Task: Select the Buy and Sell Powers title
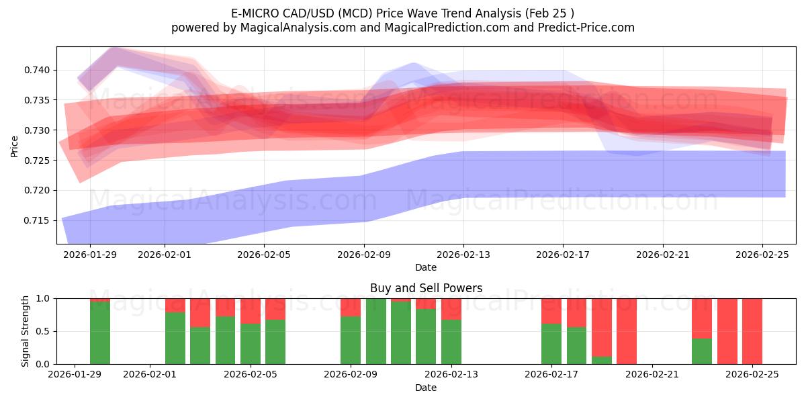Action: pyautogui.click(x=426, y=288)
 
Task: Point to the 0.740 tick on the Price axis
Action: pyautogui.click(x=39, y=71)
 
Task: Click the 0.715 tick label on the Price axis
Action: pyautogui.click(x=39, y=220)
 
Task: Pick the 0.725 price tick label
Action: pyautogui.click(x=39, y=161)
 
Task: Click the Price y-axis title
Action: pyautogui.click(x=14, y=146)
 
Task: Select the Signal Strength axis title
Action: pyautogui.click(x=26, y=331)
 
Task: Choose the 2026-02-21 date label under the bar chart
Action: pyautogui.click(x=652, y=375)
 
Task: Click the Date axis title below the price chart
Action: pyautogui.click(x=426, y=267)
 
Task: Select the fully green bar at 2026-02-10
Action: pyautogui.click(x=376, y=331)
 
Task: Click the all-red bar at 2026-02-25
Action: pyautogui.click(x=752, y=331)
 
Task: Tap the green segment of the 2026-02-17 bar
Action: pyautogui.click(x=551, y=344)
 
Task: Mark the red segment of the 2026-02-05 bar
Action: pyautogui.click(x=251, y=310)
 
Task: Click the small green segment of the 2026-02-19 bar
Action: pyautogui.click(x=602, y=360)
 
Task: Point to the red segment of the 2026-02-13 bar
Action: pyautogui.click(x=451, y=308)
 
